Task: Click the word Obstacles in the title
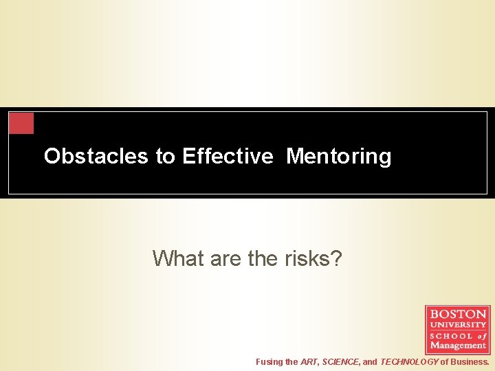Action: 96,157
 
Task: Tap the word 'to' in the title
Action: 165,157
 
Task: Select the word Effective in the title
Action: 228,157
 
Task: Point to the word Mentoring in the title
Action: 338,157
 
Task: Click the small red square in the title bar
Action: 21,123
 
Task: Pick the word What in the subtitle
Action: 176,258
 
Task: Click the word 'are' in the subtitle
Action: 223,258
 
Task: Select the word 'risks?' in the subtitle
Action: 313,258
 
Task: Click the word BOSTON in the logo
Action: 458,314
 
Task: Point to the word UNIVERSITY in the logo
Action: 458,324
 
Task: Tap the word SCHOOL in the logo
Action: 451,335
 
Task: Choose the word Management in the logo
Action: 458,346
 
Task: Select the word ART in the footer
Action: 309,361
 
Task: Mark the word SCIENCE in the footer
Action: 340,361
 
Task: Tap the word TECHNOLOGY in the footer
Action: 409,361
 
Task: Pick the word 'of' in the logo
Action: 481,335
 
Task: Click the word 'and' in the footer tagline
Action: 370,361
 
